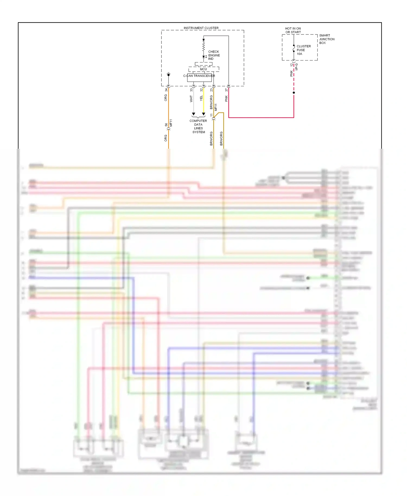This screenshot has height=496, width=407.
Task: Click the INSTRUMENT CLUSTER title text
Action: click(x=201, y=28)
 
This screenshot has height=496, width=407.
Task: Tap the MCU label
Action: click(x=203, y=69)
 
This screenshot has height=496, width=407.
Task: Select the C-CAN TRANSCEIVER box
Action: click(x=199, y=77)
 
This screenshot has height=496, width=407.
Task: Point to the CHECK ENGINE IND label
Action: click(x=214, y=55)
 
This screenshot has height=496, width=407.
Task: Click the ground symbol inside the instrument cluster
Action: click(x=168, y=74)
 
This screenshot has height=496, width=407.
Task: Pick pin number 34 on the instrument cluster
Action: click(x=166, y=90)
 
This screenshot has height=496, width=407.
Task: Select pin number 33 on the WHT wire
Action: click(x=191, y=90)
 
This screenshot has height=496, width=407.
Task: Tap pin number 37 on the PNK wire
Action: click(x=226, y=90)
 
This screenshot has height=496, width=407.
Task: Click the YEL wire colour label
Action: click(x=201, y=98)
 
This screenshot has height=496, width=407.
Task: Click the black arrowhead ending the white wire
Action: click(x=193, y=114)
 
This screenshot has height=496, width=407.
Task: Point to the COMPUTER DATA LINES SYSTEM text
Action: click(x=198, y=126)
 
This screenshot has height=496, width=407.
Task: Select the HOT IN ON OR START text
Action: click(x=293, y=30)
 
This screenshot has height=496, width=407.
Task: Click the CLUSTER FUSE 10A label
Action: click(x=303, y=50)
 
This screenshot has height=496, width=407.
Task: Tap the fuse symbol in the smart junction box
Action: click(x=294, y=48)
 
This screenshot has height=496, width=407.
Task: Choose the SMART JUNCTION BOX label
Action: click(x=326, y=39)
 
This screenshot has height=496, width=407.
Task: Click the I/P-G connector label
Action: click(x=297, y=67)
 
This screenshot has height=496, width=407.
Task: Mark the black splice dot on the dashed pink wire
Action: click(x=294, y=93)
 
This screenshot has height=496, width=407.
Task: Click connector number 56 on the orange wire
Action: click(x=166, y=125)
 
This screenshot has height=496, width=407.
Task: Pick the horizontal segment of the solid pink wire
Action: click(x=260, y=117)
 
